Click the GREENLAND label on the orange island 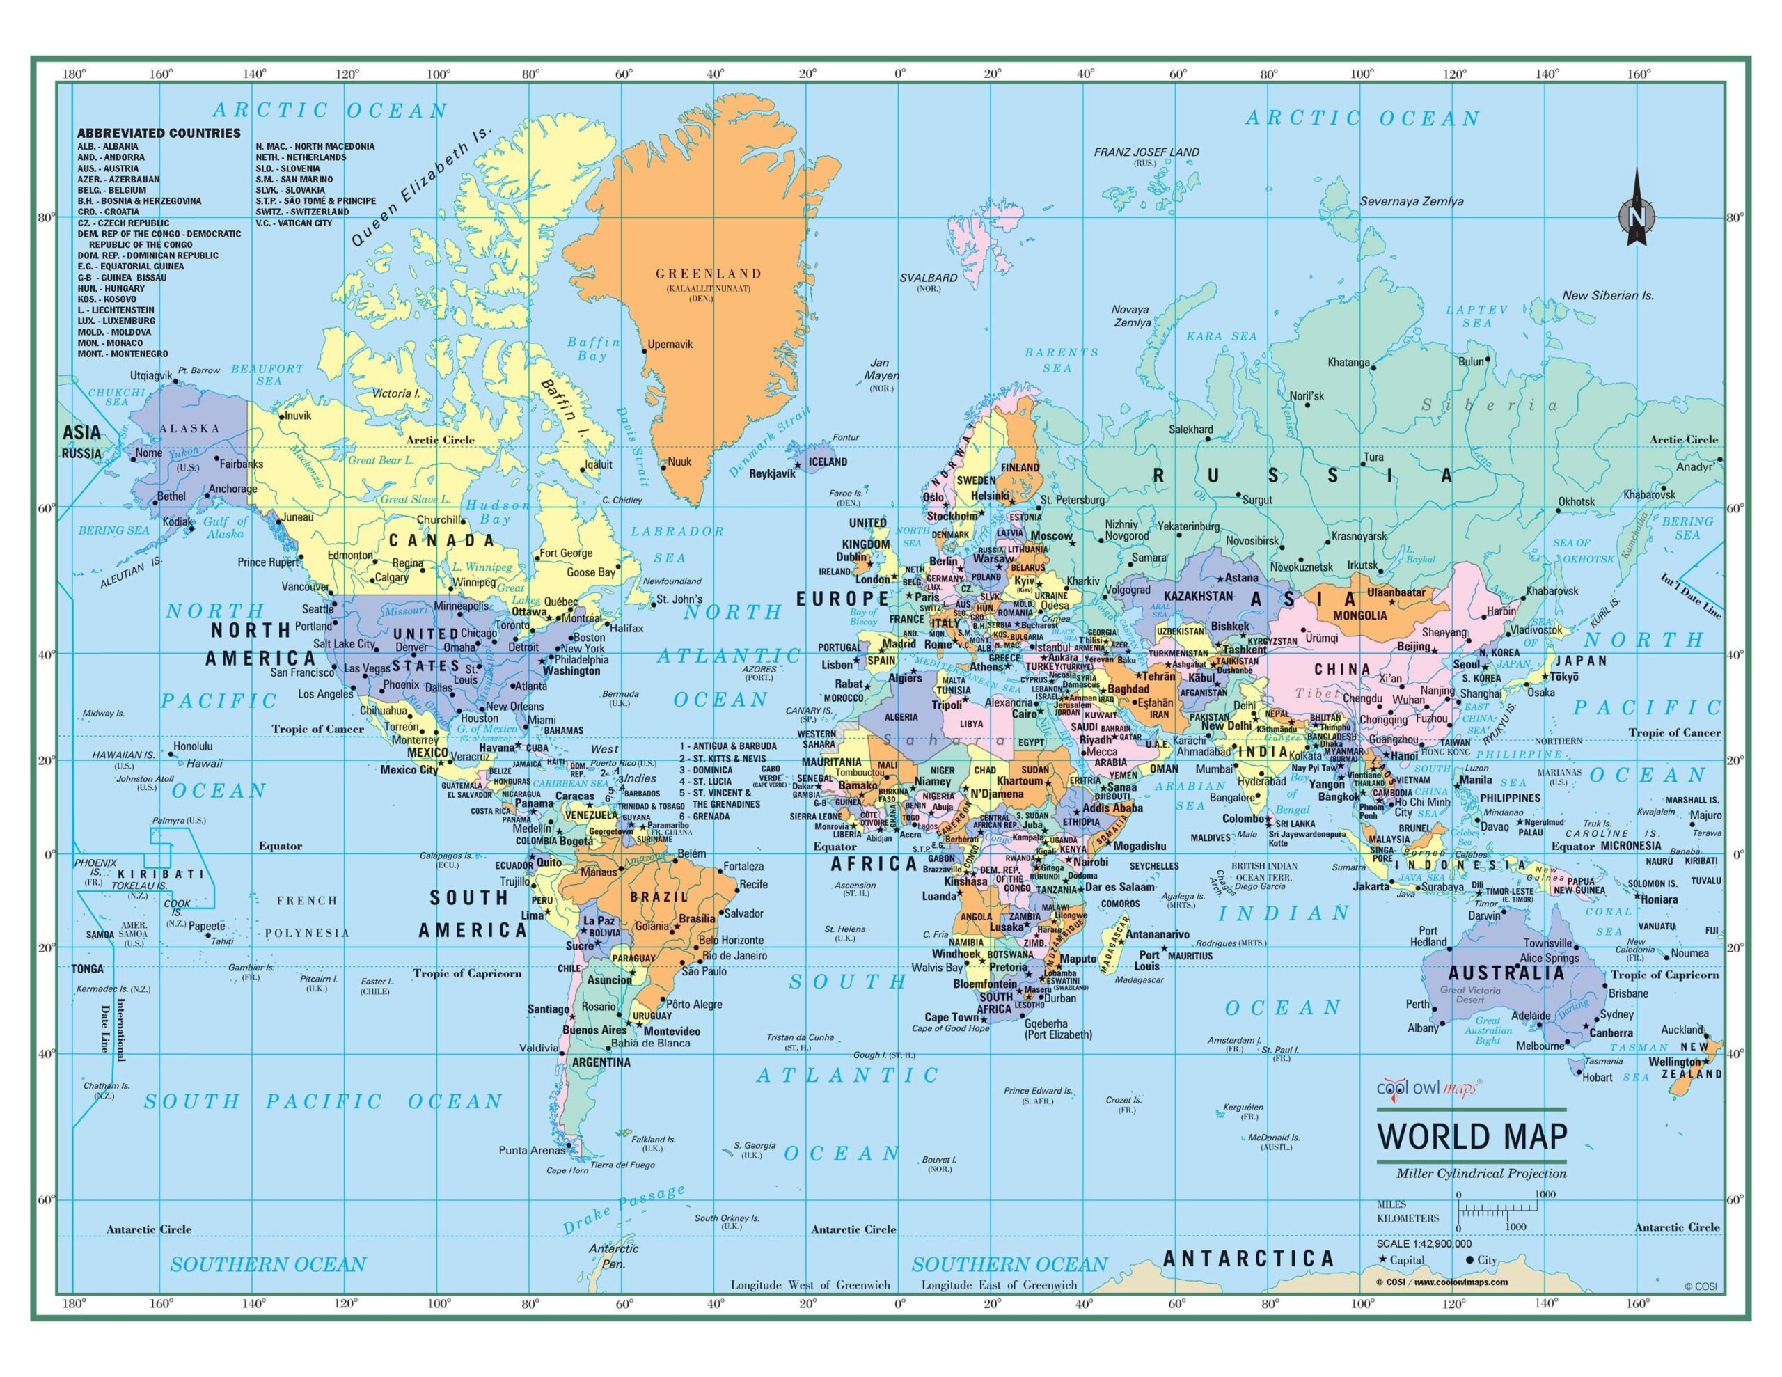tap(708, 274)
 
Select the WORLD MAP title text tap(1471, 1136)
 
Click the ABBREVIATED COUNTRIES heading tap(159, 133)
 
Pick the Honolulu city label tap(194, 746)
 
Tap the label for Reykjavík tap(772, 473)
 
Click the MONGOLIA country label tap(1360, 615)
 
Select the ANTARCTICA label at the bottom tap(1247, 1259)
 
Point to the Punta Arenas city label tap(531, 1150)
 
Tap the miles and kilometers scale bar tap(1497, 1211)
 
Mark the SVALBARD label tap(929, 278)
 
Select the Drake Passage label tap(624, 1209)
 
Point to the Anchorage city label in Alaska tap(232, 489)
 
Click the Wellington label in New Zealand tap(1674, 1062)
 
